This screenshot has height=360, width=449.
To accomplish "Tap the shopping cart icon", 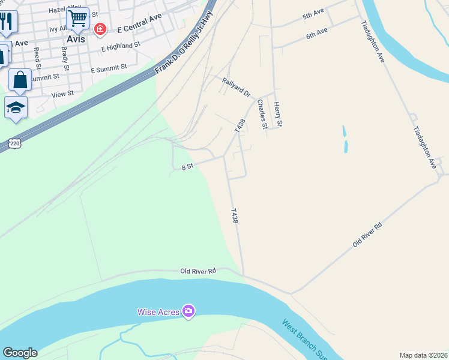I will point(77,19).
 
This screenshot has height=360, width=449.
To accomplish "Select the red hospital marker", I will point(100,28).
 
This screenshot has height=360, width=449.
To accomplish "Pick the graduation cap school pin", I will point(16,107).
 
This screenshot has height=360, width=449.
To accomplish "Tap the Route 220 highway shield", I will point(14,143).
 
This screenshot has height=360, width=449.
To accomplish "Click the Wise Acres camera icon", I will point(188,310).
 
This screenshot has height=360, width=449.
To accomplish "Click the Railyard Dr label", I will point(236,87).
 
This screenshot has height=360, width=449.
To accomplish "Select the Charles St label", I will point(261,114).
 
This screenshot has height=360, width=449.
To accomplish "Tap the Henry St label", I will point(277,114).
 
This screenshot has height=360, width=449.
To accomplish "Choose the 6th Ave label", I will point(316,34).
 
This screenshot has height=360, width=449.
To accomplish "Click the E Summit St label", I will point(109,70).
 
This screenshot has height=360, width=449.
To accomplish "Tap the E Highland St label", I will point(121,46).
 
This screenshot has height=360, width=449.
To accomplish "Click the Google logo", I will point(20,353).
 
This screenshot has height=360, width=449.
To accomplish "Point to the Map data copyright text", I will point(423,355).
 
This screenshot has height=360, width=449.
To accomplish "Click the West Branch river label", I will point(306,339).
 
